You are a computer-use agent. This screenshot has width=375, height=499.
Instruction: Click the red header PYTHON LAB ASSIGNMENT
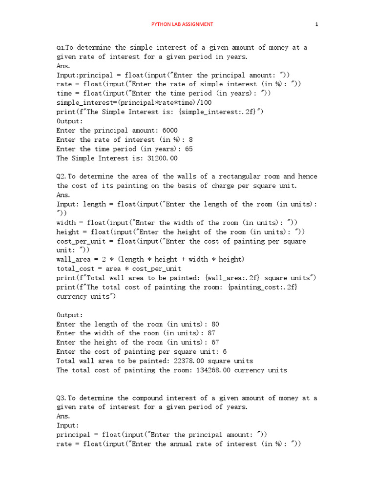(x=182, y=24)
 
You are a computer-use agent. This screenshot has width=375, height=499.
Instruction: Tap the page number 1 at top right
(x=317, y=24)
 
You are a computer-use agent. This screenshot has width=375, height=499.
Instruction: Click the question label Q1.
(x=61, y=48)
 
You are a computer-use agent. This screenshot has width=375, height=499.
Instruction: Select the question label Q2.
(x=61, y=176)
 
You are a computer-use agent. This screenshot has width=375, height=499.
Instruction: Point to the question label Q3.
(x=61, y=398)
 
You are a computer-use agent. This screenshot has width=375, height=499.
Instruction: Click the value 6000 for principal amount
(x=170, y=131)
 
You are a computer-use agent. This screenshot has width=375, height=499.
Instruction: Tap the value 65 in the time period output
(x=189, y=149)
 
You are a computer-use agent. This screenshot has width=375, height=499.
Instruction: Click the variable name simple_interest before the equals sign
(x=87, y=103)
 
